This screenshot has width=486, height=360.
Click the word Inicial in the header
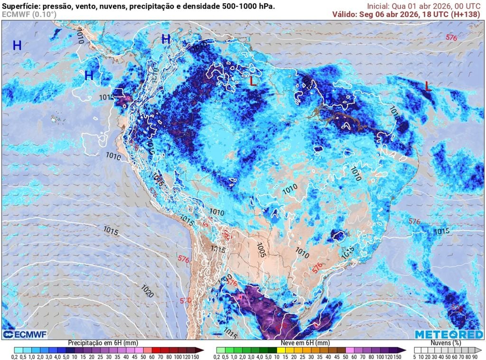click(378, 6)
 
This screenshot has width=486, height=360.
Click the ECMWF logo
click(25, 335)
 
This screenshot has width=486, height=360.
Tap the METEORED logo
click(449, 335)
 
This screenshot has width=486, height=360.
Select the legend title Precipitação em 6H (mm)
click(103, 343)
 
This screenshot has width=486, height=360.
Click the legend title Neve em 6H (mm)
click(302, 343)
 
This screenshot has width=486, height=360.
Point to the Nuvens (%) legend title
click(446, 343)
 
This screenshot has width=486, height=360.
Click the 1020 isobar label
click(147, 291)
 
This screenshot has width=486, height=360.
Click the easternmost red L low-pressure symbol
click(428, 86)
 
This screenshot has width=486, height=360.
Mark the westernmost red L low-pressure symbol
click(253, 81)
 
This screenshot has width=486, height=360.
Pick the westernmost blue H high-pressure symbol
click(17, 46)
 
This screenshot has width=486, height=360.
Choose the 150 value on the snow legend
click(397, 356)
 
